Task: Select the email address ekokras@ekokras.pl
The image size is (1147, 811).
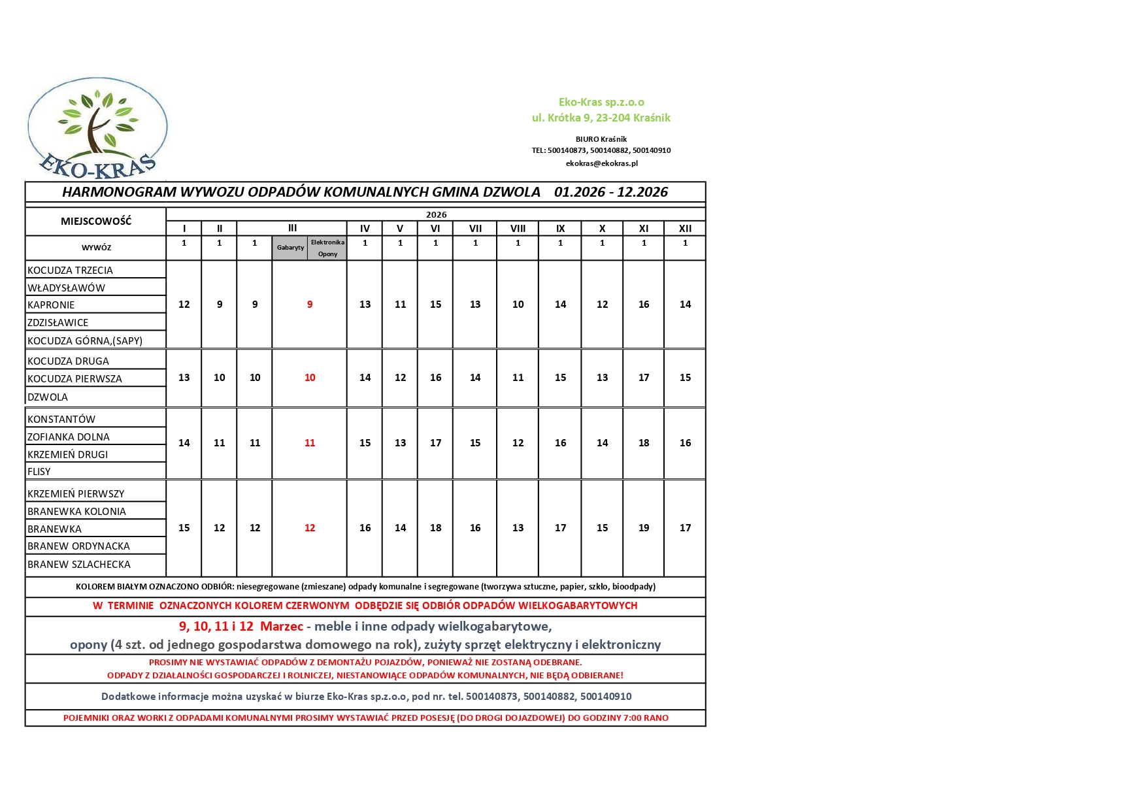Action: (x=601, y=163)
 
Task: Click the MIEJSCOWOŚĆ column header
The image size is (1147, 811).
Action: (x=96, y=221)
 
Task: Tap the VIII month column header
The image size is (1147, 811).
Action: (x=518, y=229)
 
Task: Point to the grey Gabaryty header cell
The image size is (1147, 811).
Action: (x=290, y=248)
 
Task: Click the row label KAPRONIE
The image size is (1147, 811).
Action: (x=51, y=305)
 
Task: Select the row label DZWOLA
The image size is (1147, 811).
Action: (x=48, y=397)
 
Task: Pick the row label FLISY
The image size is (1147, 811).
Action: (x=39, y=472)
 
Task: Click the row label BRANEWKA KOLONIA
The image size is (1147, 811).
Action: (x=76, y=512)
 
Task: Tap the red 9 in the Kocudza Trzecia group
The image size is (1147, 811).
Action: (x=310, y=305)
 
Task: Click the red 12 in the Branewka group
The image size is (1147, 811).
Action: (x=310, y=528)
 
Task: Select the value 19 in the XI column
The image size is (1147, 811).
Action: (x=644, y=528)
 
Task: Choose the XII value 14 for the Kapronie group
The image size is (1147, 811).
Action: (x=685, y=305)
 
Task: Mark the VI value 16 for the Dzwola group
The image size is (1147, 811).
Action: (x=436, y=378)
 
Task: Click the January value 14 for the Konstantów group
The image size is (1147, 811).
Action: (x=184, y=443)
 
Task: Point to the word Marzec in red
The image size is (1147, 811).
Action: (x=282, y=627)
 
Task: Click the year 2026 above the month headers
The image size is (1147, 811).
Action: (x=436, y=215)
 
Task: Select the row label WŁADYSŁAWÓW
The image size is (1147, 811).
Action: (x=66, y=288)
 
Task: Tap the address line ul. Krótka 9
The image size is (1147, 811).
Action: (x=601, y=118)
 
